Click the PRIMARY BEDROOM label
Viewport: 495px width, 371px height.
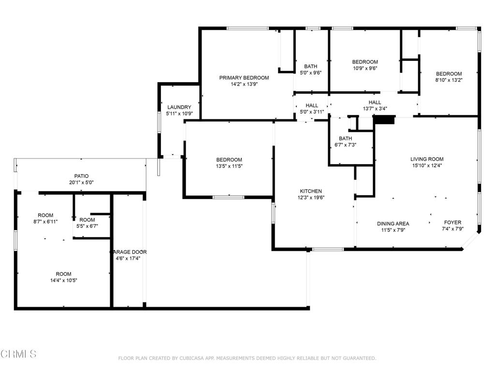tap(244, 78)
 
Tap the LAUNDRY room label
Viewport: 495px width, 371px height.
tap(179, 107)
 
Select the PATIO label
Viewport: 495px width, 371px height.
tap(81, 176)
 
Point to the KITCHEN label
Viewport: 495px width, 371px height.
tap(311, 191)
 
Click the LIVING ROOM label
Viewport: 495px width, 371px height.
tap(427, 159)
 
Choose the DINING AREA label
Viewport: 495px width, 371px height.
tap(393, 224)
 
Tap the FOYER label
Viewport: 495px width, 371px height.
tap(452, 222)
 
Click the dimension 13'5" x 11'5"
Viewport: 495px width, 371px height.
tap(229, 166)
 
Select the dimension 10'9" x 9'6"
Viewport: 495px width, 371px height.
tap(365, 68)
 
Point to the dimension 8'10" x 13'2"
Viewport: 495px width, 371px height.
tap(449, 80)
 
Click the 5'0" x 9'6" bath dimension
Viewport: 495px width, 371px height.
tap(311, 72)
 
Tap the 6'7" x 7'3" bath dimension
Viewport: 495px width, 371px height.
tap(345, 145)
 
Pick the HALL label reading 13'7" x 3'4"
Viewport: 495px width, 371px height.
tap(375, 102)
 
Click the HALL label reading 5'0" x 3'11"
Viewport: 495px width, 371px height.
tap(312, 105)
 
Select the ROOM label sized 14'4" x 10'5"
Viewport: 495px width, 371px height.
tap(63, 274)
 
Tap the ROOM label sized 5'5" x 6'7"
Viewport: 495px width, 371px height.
tap(87, 220)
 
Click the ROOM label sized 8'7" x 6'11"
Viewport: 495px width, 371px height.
tap(45, 215)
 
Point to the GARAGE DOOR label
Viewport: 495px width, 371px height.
tap(128, 252)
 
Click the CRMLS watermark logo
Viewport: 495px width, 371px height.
tap(18, 354)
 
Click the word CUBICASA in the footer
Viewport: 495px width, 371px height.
tap(193, 358)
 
